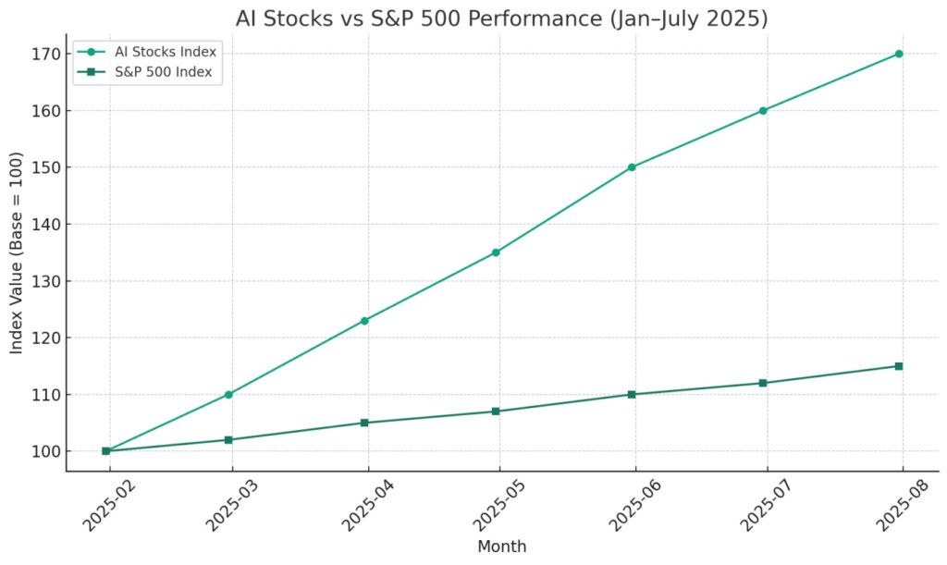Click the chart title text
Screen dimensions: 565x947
click(501, 18)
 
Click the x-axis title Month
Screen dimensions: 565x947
click(501, 547)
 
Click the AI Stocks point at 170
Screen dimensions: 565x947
click(898, 54)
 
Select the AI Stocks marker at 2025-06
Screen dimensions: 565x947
click(632, 167)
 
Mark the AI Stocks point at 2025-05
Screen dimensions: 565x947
click(496, 252)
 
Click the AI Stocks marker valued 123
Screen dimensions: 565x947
click(364, 321)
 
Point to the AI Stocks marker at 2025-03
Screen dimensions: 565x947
click(228, 395)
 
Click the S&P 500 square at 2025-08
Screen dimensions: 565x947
click(898, 366)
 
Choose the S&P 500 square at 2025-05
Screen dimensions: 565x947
click(496, 411)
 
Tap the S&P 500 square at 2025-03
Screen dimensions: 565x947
click(228, 440)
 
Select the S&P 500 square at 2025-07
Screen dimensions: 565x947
click(763, 383)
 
